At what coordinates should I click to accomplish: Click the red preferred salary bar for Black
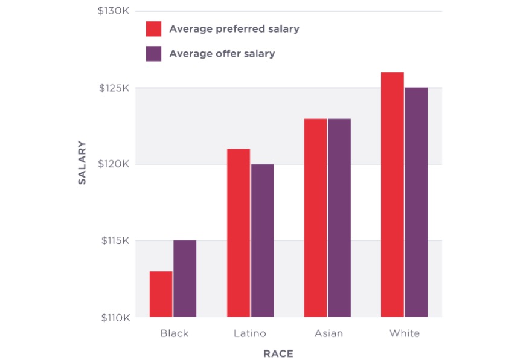161,294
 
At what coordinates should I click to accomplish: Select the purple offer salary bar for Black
185,278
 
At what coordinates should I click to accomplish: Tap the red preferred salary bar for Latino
239,233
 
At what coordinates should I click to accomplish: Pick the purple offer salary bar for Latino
262,240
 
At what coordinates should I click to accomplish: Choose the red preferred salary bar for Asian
315,217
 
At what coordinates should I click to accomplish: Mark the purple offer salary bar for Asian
339,217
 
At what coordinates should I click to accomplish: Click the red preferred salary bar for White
393,194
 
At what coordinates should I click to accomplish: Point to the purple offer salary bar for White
416,202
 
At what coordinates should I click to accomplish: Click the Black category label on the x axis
175,333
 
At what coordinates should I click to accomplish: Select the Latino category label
250,333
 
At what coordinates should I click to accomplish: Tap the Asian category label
328,333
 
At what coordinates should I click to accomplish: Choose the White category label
405,333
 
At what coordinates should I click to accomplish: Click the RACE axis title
278,353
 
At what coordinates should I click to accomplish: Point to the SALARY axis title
82,163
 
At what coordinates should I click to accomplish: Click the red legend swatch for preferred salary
154,29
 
